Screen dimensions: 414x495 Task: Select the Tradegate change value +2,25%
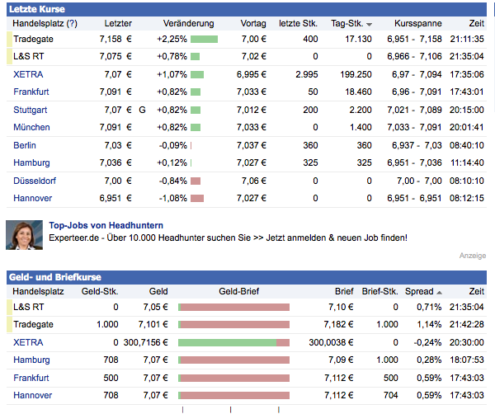[171, 39]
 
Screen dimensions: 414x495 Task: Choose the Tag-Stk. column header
[347, 24]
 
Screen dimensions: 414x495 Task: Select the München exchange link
[31, 127]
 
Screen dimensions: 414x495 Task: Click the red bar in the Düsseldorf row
[196, 181]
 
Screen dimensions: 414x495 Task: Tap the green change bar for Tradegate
[204, 39]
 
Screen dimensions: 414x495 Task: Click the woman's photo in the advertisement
[22, 235]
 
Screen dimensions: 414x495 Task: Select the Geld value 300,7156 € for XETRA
[144, 342]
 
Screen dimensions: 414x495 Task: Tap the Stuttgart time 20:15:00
[467, 110]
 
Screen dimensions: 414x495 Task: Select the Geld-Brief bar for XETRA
[234, 342]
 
